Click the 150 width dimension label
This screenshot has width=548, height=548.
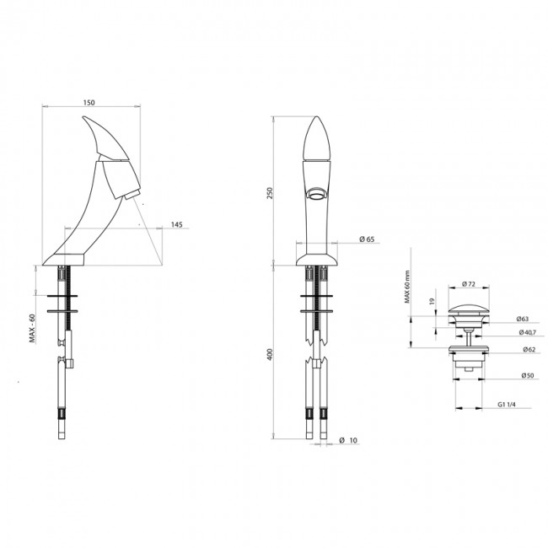89,102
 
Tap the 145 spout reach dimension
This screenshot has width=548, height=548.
177,224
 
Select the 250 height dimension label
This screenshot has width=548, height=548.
270,193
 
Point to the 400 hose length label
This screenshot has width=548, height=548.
270,354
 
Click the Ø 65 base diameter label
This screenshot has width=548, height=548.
367,239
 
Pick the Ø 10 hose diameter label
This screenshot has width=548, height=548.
348,440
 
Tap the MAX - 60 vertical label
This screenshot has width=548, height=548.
32,328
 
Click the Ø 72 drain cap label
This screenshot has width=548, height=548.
469,284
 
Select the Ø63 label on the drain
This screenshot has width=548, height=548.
523,319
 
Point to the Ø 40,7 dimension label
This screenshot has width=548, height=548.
528,332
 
